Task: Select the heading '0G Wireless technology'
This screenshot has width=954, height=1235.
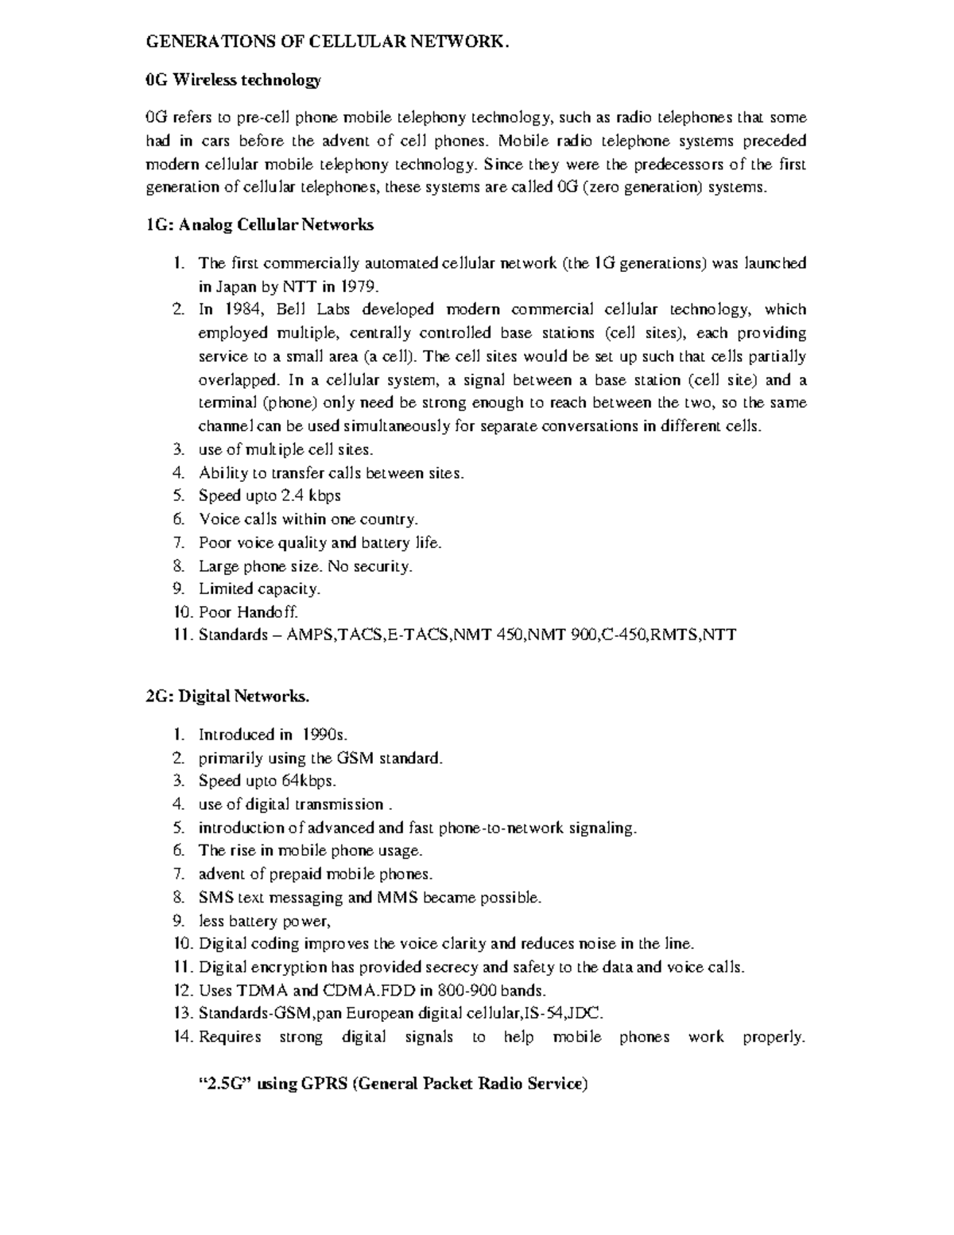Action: pos(234,80)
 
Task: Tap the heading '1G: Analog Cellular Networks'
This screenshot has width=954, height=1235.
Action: pos(259,225)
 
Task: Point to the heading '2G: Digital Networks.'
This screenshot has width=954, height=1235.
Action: pos(227,697)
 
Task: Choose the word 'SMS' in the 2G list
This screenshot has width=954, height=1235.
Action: pos(212,898)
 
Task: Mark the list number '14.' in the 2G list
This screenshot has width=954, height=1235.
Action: pos(183,1037)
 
